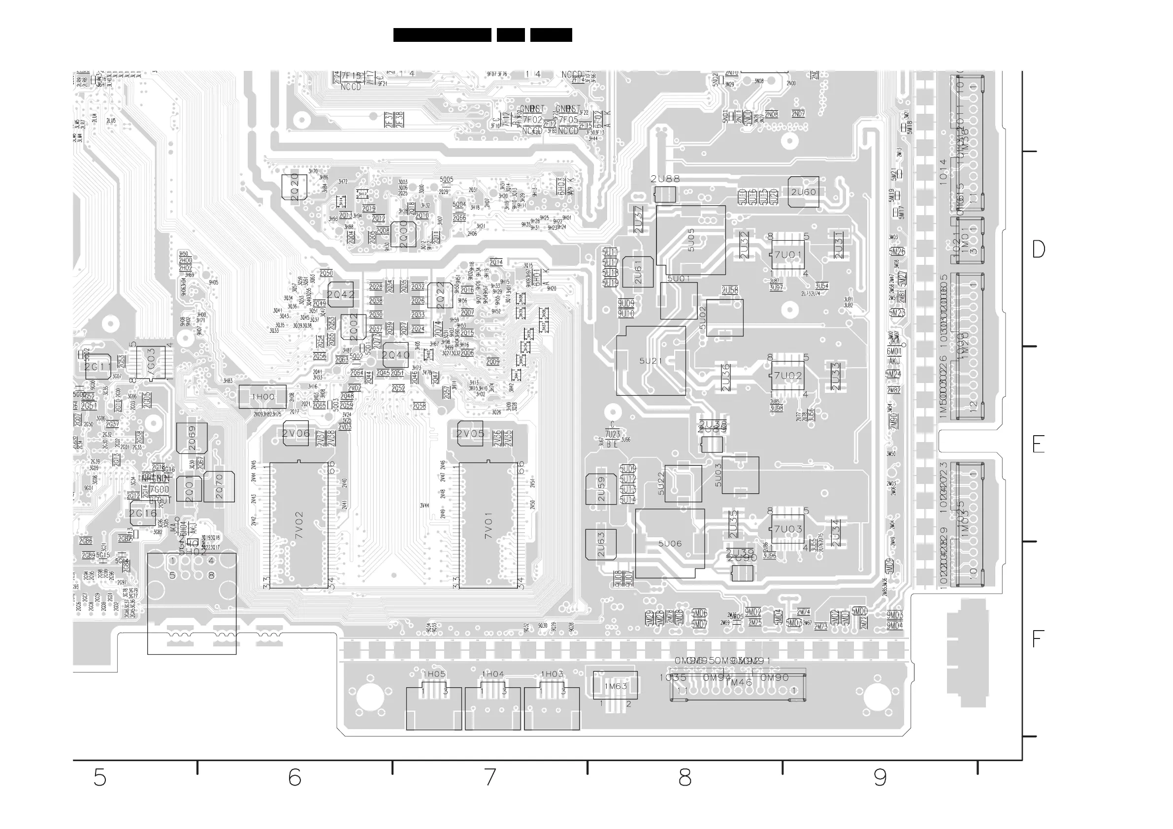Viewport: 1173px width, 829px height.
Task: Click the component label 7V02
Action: pyautogui.click(x=299, y=525)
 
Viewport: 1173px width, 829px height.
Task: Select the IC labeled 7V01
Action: pyautogui.click(x=489, y=525)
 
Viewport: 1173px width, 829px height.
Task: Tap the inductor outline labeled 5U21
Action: pyautogui.click(x=651, y=361)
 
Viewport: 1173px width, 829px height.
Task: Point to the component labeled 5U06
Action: pyautogui.click(x=670, y=543)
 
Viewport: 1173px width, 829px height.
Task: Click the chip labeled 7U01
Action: pyautogui.click(x=788, y=255)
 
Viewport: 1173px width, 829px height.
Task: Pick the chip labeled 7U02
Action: pyautogui.click(x=788, y=376)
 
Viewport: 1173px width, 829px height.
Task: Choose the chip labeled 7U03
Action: pyautogui.click(x=788, y=529)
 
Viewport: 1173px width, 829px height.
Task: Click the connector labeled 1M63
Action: pyautogui.click(x=615, y=686)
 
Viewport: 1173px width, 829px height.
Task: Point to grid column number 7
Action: pyautogui.click(x=490, y=778)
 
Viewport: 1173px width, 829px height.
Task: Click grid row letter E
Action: pyautogui.click(x=1038, y=445)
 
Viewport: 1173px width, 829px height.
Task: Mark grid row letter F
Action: pyautogui.click(x=1037, y=639)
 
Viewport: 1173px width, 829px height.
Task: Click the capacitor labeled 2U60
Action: pyautogui.click(x=803, y=192)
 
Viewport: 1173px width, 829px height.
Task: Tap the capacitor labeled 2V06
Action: pyautogui.click(x=296, y=434)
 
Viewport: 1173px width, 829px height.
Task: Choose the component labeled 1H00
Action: pyautogui.click(x=262, y=397)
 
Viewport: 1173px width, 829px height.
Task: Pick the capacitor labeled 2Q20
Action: pyautogui.click(x=295, y=187)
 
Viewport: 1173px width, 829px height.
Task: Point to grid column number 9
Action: pyautogui.click(x=880, y=778)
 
